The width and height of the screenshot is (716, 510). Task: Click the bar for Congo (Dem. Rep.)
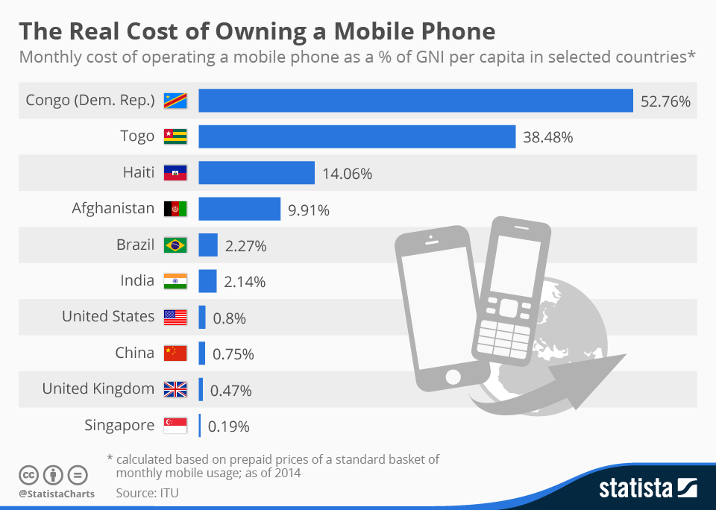(415, 101)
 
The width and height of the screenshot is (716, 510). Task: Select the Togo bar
(357, 136)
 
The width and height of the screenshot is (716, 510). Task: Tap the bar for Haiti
(256, 173)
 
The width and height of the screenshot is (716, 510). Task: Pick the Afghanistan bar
(239, 209)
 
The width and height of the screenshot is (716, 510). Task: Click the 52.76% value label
(665, 101)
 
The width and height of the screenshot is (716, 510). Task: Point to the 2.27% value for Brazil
(245, 246)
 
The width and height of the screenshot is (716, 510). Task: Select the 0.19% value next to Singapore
(228, 427)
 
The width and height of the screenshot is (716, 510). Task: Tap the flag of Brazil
(175, 245)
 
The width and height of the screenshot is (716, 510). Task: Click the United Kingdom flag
(175, 389)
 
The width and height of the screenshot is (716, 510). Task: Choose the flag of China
(175, 353)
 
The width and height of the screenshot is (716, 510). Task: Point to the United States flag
(175, 317)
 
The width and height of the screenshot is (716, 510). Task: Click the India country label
(137, 281)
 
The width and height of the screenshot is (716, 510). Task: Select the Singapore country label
(119, 426)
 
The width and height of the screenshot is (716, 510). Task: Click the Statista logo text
(635, 489)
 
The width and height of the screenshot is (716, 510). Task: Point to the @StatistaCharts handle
(56, 494)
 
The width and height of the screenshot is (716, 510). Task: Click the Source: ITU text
(147, 493)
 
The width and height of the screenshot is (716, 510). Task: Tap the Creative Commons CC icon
(29, 474)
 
